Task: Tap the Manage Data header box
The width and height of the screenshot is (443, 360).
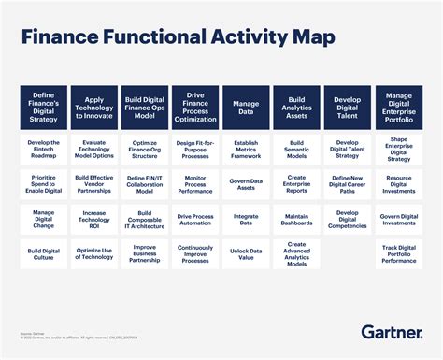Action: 246,106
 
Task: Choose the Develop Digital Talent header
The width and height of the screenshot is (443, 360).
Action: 347,106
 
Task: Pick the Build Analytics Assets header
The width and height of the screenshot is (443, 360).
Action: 296,106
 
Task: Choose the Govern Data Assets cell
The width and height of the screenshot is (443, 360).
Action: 246,183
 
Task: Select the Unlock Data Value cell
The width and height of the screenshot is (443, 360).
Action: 246,253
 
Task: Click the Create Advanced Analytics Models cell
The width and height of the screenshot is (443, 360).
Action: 296,253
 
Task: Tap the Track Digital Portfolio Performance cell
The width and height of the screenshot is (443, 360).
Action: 397,253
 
